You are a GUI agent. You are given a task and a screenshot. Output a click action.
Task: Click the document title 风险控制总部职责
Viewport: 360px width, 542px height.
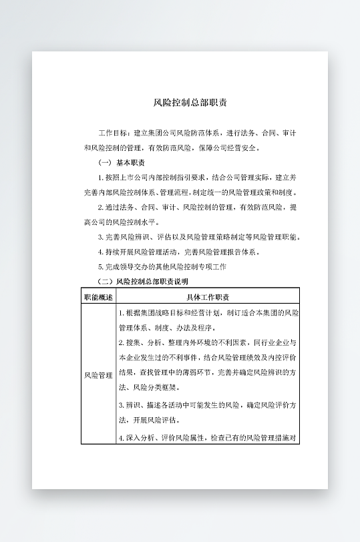tap(190, 103)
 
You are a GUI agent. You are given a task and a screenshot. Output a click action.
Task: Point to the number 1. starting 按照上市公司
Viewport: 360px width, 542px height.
tap(101, 178)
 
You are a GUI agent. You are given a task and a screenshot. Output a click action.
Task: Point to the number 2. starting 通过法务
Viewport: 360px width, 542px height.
tap(101, 208)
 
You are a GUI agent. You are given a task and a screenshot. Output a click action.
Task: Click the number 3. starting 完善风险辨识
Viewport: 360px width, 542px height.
tap(101, 237)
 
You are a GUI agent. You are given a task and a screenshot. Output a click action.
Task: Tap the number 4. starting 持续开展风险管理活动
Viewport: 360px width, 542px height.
tap(101, 252)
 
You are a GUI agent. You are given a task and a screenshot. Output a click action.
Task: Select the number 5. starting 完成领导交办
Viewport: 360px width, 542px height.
tap(101, 267)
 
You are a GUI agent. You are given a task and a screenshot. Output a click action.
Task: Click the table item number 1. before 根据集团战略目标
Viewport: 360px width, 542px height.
tap(122, 313)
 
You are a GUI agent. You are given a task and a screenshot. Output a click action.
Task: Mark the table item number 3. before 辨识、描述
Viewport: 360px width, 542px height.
tap(122, 405)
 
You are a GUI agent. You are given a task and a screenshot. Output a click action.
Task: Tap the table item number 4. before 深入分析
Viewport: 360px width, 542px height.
tap(122, 439)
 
